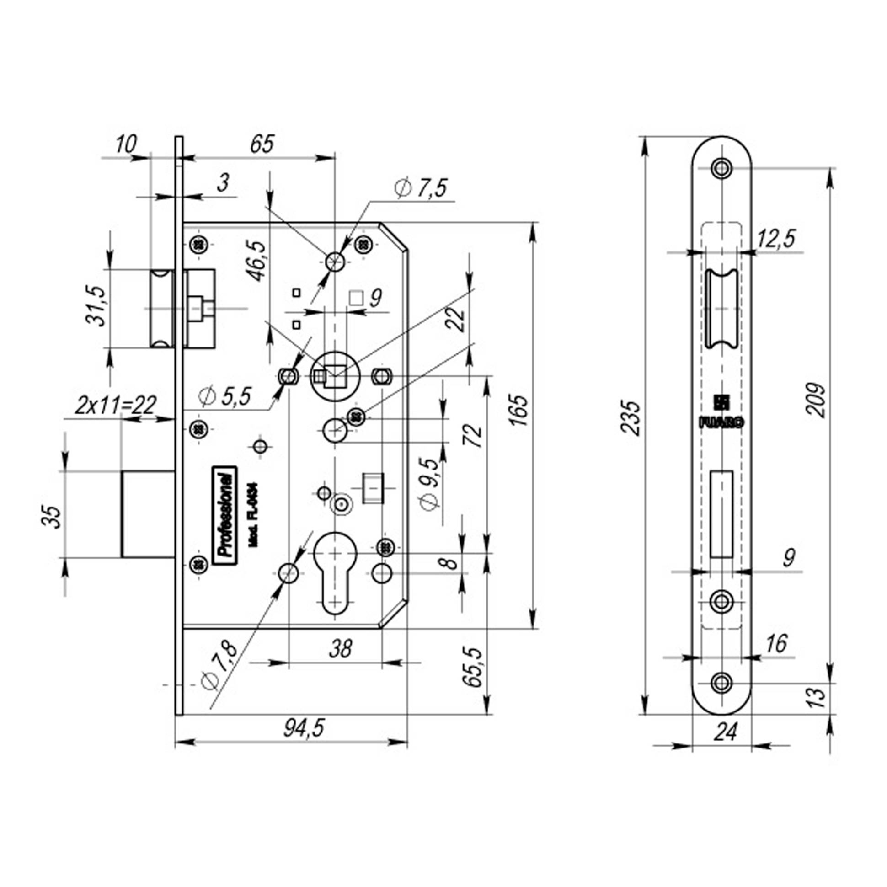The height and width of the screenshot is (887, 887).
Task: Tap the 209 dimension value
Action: point(816,400)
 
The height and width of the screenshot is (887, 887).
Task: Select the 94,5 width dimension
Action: point(304,729)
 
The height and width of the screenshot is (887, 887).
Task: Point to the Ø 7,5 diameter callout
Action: point(420,189)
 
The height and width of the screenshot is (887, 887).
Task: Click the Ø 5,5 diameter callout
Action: point(225,396)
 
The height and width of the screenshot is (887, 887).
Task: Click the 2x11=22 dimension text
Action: point(116,406)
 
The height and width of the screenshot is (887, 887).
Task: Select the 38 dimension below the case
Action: point(340,649)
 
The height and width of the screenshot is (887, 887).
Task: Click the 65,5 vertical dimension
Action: point(473,667)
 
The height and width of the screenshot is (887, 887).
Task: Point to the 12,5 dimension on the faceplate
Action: point(776,239)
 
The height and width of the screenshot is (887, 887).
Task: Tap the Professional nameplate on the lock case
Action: point(225,515)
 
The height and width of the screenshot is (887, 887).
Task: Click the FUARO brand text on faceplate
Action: point(721,423)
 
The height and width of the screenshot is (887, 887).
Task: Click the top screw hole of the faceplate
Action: point(722,168)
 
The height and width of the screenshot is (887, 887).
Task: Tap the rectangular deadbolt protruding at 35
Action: point(148,514)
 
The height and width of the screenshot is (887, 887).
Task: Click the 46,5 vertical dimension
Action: point(257,260)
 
